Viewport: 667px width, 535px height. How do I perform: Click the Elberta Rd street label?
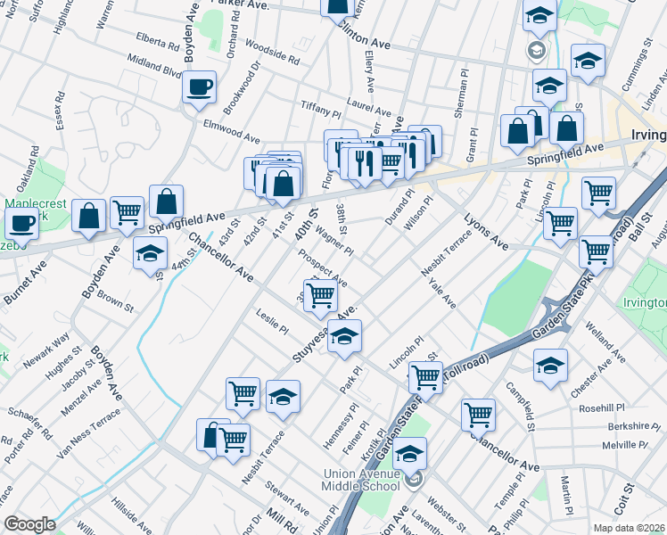pyautogui.click(x=160, y=41)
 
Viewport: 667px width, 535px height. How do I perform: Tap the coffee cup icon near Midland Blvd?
pyautogui.click(x=201, y=87)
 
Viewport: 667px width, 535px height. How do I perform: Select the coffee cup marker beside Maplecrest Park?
pyautogui.click(x=21, y=223)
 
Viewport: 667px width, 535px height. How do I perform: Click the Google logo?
pyautogui.click(x=29, y=524)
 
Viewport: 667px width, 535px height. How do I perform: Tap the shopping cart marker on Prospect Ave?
pyautogui.click(x=320, y=296)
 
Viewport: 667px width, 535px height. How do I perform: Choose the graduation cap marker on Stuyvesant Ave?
pyautogui.click(x=345, y=337)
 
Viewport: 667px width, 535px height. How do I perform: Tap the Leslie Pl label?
pyautogui.click(x=273, y=322)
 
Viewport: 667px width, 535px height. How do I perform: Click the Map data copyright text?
pyautogui.click(x=630, y=527)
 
